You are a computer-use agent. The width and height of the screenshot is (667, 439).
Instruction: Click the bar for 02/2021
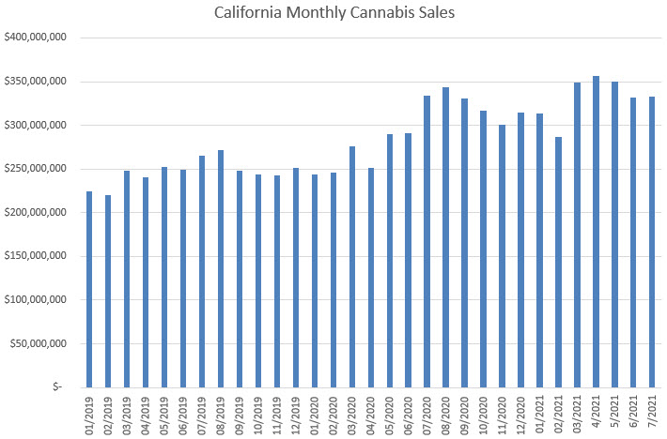coord(558,262)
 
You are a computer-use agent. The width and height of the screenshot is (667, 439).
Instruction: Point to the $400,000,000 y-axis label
coord(34,38)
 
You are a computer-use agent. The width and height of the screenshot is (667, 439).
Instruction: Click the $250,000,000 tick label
coord(34,169)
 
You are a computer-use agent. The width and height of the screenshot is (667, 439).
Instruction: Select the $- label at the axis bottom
coord(58,386)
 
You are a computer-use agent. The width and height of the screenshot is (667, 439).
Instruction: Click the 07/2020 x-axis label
coord(427,412)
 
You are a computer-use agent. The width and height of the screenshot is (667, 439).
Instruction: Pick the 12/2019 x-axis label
coord(296,412)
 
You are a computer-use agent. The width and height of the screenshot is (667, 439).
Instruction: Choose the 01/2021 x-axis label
coord(539,412)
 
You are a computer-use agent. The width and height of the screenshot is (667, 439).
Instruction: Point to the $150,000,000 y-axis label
coord(34,256)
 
